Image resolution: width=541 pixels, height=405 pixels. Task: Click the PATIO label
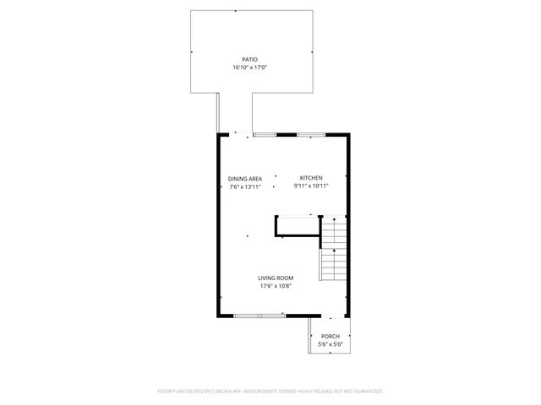(249, 59)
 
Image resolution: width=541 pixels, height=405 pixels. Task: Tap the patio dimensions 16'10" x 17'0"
(249, 67)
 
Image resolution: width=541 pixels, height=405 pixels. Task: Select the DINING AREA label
(245, 178)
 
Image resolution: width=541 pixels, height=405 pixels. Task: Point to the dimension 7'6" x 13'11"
(245, 186)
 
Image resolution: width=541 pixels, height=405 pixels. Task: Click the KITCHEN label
(310, 177)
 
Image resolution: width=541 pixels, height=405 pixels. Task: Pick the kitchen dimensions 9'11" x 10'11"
(310, 186)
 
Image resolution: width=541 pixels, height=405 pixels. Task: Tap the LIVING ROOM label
(276, 278)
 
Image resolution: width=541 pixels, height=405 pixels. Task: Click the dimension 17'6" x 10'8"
(276, 286)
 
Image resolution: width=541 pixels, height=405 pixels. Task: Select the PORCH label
(330, 336)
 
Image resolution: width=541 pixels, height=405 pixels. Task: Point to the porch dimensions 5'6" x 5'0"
(330, 344)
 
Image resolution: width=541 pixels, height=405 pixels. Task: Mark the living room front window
(260, 315)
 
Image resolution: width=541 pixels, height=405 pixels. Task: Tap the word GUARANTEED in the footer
(365, 391)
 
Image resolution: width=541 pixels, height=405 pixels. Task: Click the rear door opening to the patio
(236, 134)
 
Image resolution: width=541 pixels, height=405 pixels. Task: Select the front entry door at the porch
(328, 316)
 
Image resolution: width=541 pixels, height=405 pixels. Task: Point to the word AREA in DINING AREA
(254, 178)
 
